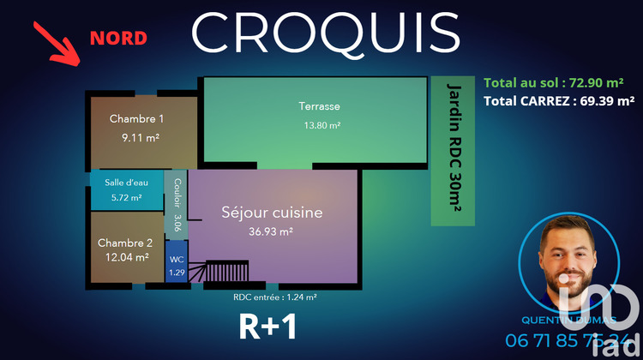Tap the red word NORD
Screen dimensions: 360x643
[x=118, y=38]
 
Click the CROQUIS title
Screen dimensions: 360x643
[x=325, y=33]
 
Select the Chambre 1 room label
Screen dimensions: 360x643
[x=136, y=119]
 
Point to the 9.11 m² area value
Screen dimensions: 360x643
[x=141, y=137]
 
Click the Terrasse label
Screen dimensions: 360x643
[x=319, y=107]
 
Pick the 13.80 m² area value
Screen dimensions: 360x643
[x=321, y=125]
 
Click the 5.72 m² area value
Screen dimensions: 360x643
[x=126, y=197]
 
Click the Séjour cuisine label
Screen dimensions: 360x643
[x=272, y=212]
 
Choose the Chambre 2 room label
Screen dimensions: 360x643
[x=124, y=243]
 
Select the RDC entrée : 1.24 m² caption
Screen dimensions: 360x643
[x=274, y=297]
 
